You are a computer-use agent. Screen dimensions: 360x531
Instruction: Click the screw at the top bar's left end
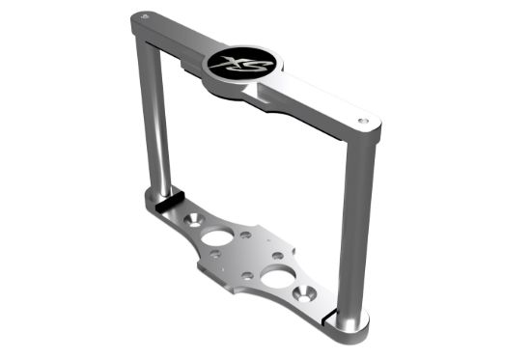[144, 16]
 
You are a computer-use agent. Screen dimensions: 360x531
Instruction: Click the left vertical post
[158, 125]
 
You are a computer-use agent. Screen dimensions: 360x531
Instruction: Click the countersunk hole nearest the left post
[192, 220]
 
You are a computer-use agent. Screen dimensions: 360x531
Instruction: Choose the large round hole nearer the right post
[278, 278]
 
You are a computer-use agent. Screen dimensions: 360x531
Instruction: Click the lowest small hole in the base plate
[248, 276]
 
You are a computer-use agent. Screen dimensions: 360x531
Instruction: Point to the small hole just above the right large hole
[277, 255]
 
